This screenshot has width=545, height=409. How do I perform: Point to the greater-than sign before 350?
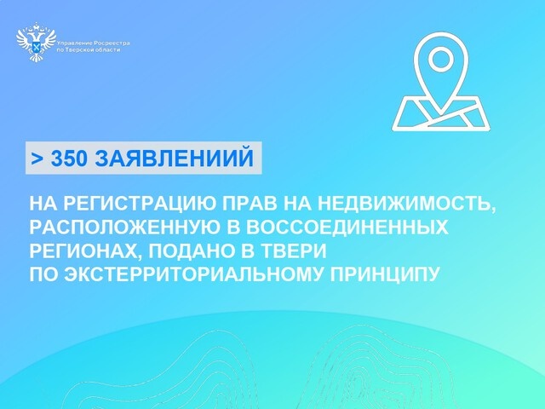pos(37,159)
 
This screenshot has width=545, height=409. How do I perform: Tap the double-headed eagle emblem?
pos(36,44)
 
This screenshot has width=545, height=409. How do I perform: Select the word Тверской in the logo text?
pos(83,49)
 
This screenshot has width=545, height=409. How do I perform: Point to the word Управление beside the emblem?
pos(72,41)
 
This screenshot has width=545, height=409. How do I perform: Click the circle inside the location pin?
pos(439,60)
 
